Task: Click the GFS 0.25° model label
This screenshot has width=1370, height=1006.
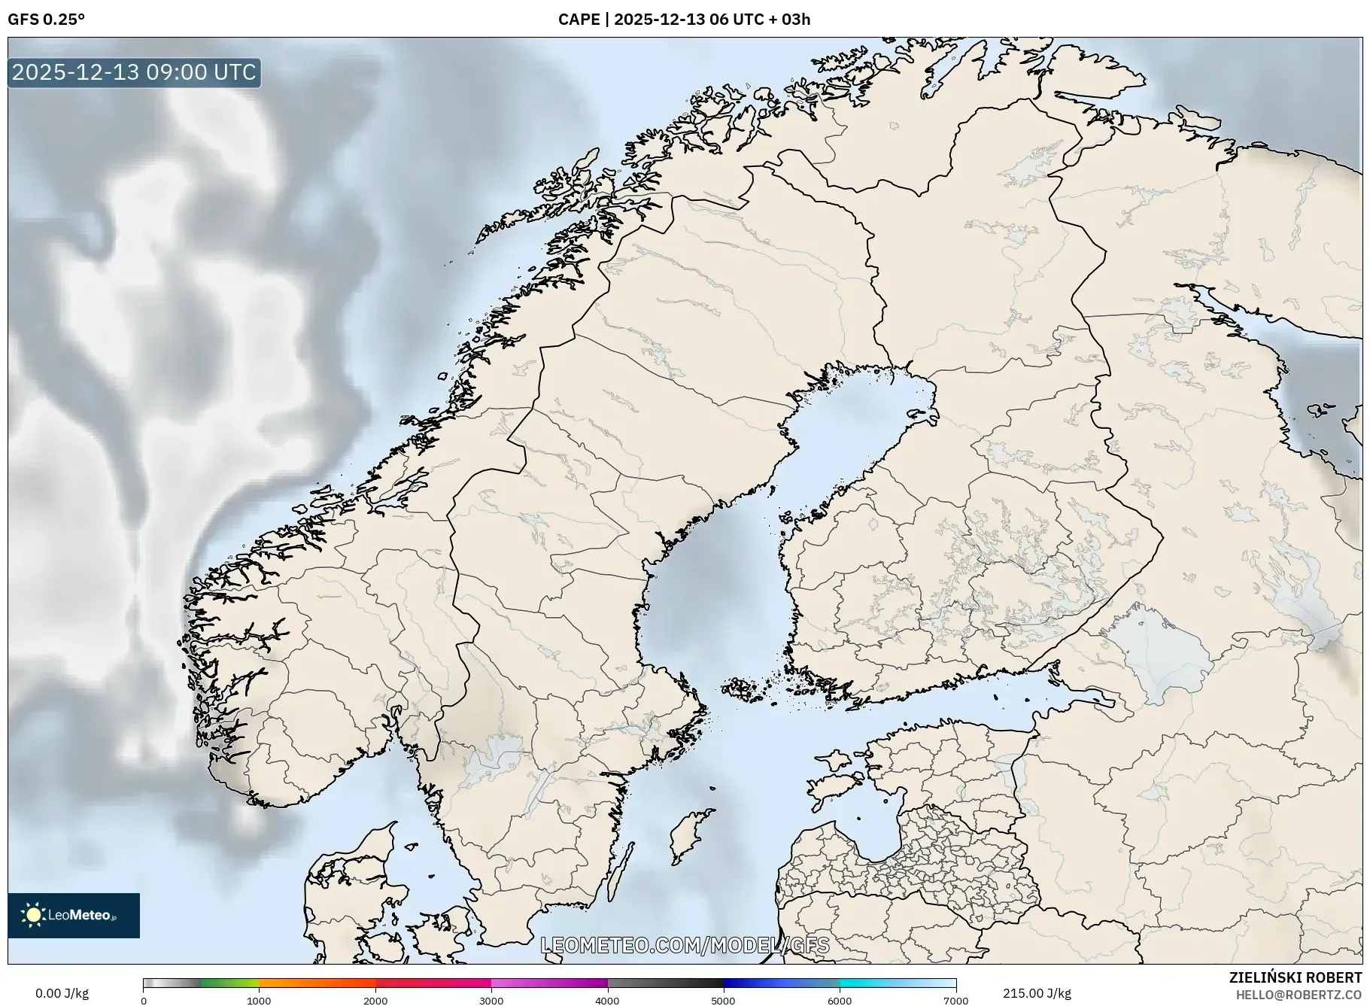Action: point(46,20)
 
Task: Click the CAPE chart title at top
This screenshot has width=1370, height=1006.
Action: point(684,20)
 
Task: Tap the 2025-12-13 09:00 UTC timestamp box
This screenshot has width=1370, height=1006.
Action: point(134,72)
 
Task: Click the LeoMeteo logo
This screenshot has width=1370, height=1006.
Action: point(74,915)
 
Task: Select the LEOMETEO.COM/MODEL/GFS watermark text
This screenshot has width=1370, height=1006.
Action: point(685,945)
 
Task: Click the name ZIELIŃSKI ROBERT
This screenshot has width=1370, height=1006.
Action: point(1295,977)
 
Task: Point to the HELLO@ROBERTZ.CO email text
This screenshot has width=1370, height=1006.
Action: point(1299,995)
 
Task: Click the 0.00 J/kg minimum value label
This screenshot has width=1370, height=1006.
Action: point(62,993)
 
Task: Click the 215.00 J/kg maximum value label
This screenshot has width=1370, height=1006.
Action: point(1037,993)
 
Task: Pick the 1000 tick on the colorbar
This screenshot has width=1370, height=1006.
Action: point(259,1001)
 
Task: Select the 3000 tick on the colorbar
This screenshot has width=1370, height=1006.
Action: point(491,1001)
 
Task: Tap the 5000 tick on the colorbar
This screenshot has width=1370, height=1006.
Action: point(724,1001)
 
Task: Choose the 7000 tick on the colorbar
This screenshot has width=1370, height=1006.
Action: point(955,1001)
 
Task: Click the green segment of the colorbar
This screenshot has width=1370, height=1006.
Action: point(229,983)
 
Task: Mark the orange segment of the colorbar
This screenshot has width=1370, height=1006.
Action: point(316,983)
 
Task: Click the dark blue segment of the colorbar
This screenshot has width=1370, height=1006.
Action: point(752,983)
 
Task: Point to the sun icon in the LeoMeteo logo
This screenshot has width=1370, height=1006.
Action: point(34,915)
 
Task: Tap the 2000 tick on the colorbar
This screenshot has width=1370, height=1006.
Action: point(375,1001)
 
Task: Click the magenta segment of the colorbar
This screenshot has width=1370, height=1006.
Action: point(549,983)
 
